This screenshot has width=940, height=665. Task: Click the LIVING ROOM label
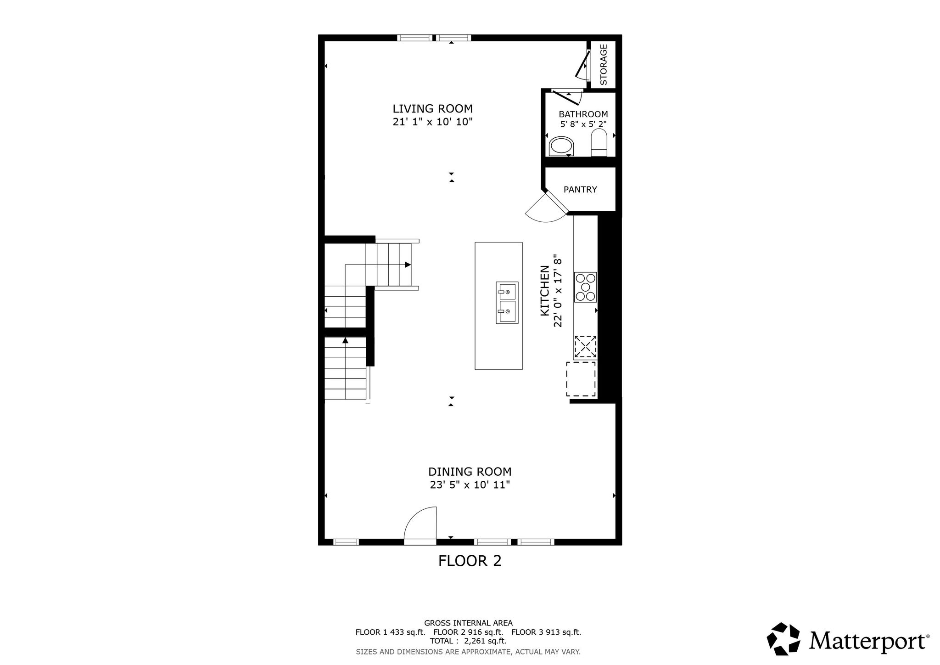tap(432, 109)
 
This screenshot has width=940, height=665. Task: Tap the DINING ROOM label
tap(470, 472)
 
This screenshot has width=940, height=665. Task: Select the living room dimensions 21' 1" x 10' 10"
tap(432, 122)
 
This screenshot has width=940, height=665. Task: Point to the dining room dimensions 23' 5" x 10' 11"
tap(470, 485)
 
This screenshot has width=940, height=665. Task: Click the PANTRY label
tap(580, 189)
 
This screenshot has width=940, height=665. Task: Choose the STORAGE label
tap(604, 64)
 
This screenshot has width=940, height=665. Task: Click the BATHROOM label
tap(583, 114)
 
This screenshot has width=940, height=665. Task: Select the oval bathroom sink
tap(561, 147)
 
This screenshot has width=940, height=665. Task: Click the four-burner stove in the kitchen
tap(585, 287)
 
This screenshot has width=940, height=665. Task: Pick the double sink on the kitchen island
tap(507, 303)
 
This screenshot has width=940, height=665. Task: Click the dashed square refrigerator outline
tap(581, 379)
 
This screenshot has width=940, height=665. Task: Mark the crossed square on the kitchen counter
tap(585, 347)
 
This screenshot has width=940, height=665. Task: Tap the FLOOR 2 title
tap(470, 561)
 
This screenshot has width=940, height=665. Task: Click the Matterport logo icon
tap(783, 638)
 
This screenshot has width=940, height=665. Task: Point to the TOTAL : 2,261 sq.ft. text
tap(468, 641)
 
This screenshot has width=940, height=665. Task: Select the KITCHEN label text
tap(545, 291)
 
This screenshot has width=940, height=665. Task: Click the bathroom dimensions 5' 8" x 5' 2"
tap(583, 124)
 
